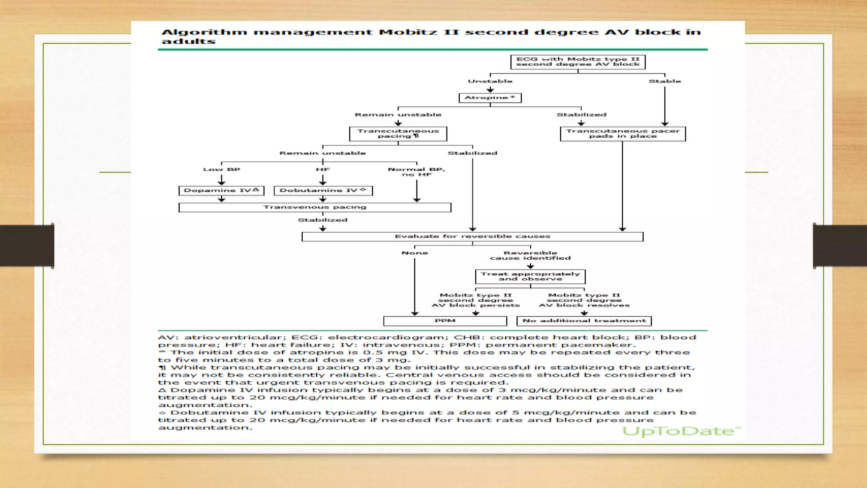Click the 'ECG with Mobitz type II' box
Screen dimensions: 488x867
[x=578, y=62]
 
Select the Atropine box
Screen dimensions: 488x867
[x=490, y=98]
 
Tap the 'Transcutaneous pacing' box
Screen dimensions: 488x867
[x=398, y=134]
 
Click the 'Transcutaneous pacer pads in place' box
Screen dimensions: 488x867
[x=623, y=134]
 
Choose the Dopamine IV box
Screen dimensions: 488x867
[x=221, y=191]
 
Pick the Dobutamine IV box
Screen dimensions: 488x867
[x=323, y=191]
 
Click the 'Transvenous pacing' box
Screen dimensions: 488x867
[x=315, y=207]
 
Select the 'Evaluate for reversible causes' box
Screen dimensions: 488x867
[x=472, y=236]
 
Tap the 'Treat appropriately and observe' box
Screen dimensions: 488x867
[x=530, y=277]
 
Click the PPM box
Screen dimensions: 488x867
[x=445, y=321]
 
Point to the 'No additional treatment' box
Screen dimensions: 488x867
[x=584, y=321]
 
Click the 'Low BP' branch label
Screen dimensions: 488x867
[x=221, y=169]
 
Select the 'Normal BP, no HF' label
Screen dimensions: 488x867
[x=417, y=172]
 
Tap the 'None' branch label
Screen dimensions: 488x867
[x=414, y=253]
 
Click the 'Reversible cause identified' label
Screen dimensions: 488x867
[x=530, y=255]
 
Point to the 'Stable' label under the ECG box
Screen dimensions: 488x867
[x=665, y=81]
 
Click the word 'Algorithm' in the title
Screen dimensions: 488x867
[x=204, y=32]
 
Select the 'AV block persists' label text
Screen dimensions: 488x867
[x=475, y=305]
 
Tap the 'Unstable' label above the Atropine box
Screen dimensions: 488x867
[x=490, y=81]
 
